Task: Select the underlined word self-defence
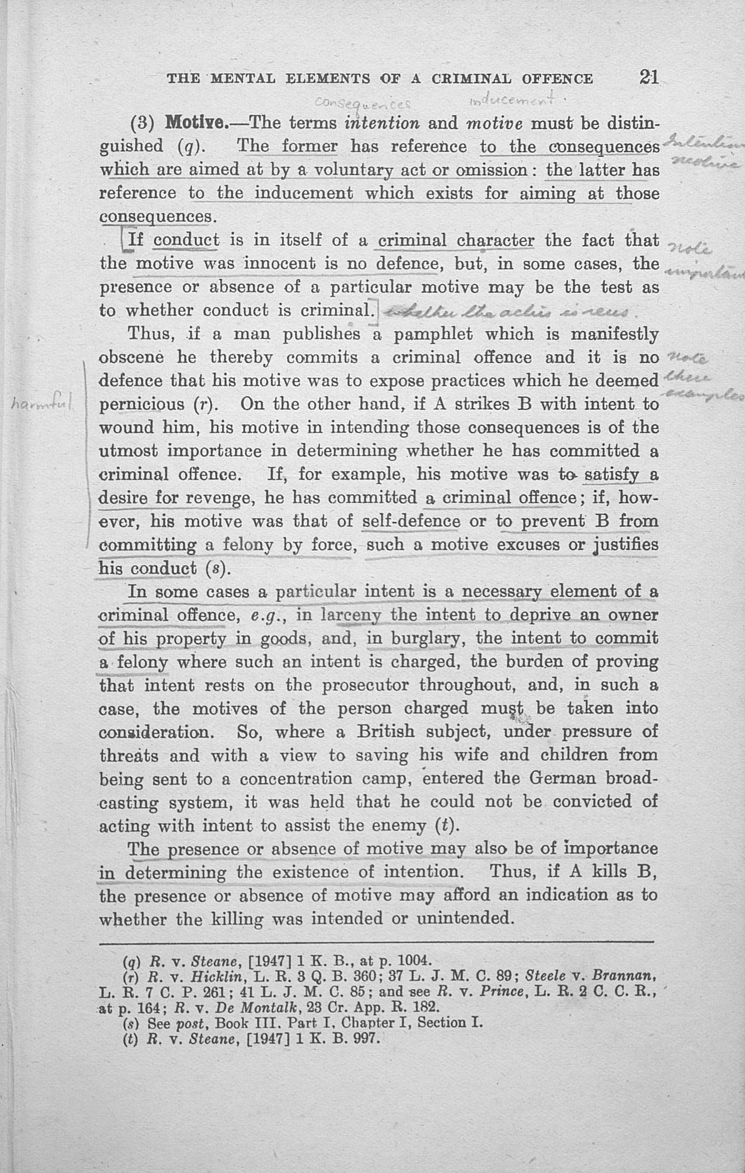coord(411,521)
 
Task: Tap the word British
coord(386,732)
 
